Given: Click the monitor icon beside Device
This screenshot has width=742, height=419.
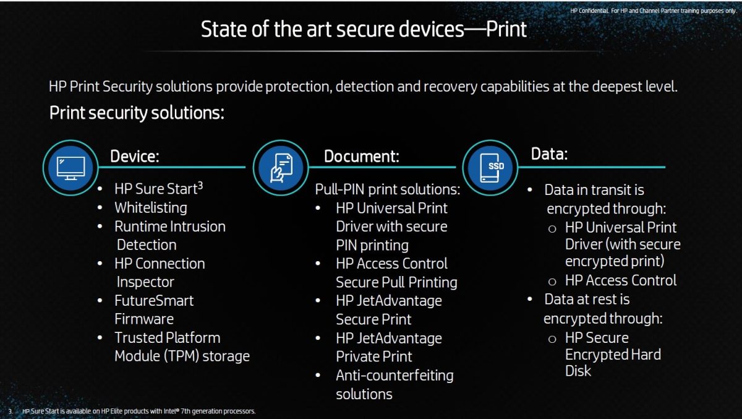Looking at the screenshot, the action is pyautogui.click(x=70, y=168).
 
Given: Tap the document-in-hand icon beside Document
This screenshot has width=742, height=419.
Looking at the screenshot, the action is pyautogui.click(x=281, y=168).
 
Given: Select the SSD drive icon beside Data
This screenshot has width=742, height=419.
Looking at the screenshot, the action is pyautogui.click(x=490, y=168).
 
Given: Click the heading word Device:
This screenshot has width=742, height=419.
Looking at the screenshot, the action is pyautogui.click(x=135, y=156).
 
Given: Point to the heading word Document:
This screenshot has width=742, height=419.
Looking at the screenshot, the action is pyautogui.click(x=362, y=156).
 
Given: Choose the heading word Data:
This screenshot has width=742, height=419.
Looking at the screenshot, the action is pyautogui.click(x=549, y=154).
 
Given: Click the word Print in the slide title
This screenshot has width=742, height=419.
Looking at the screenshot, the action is pyautogui.click(x=506, y=29).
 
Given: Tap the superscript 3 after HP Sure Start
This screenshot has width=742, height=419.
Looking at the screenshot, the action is pyautogui.click(x=200, y=186).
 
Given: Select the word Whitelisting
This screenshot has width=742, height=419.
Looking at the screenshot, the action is pyautogui.click(x=151, y=208).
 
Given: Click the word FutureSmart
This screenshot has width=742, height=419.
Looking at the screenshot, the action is pyautogui.click(x=154, y=301).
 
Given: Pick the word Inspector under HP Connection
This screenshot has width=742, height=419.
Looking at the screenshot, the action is pyautogui.click(x=145, y=282).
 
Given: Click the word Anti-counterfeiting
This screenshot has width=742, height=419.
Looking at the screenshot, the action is pyautogui.click(x=394, y=376).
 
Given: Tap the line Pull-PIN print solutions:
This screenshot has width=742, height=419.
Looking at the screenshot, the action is pyautogui.click(x=388, y=189).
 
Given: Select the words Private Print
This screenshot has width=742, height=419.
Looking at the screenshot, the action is pyautogui.click(x=374, y=356).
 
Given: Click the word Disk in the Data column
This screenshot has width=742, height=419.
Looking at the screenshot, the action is pyautogui.click(x=578, y=371).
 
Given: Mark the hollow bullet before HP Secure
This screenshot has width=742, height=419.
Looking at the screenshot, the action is pyautogui.click(x=552, y=339).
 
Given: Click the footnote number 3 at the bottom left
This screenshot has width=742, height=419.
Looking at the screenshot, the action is pyautogui.click(x=11, y=412).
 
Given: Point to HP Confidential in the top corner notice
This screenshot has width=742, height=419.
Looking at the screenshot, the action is pyautogui.click(x=589, y=11).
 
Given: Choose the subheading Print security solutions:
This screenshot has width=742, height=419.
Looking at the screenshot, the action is pyautogui.click(x=137, y=113).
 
